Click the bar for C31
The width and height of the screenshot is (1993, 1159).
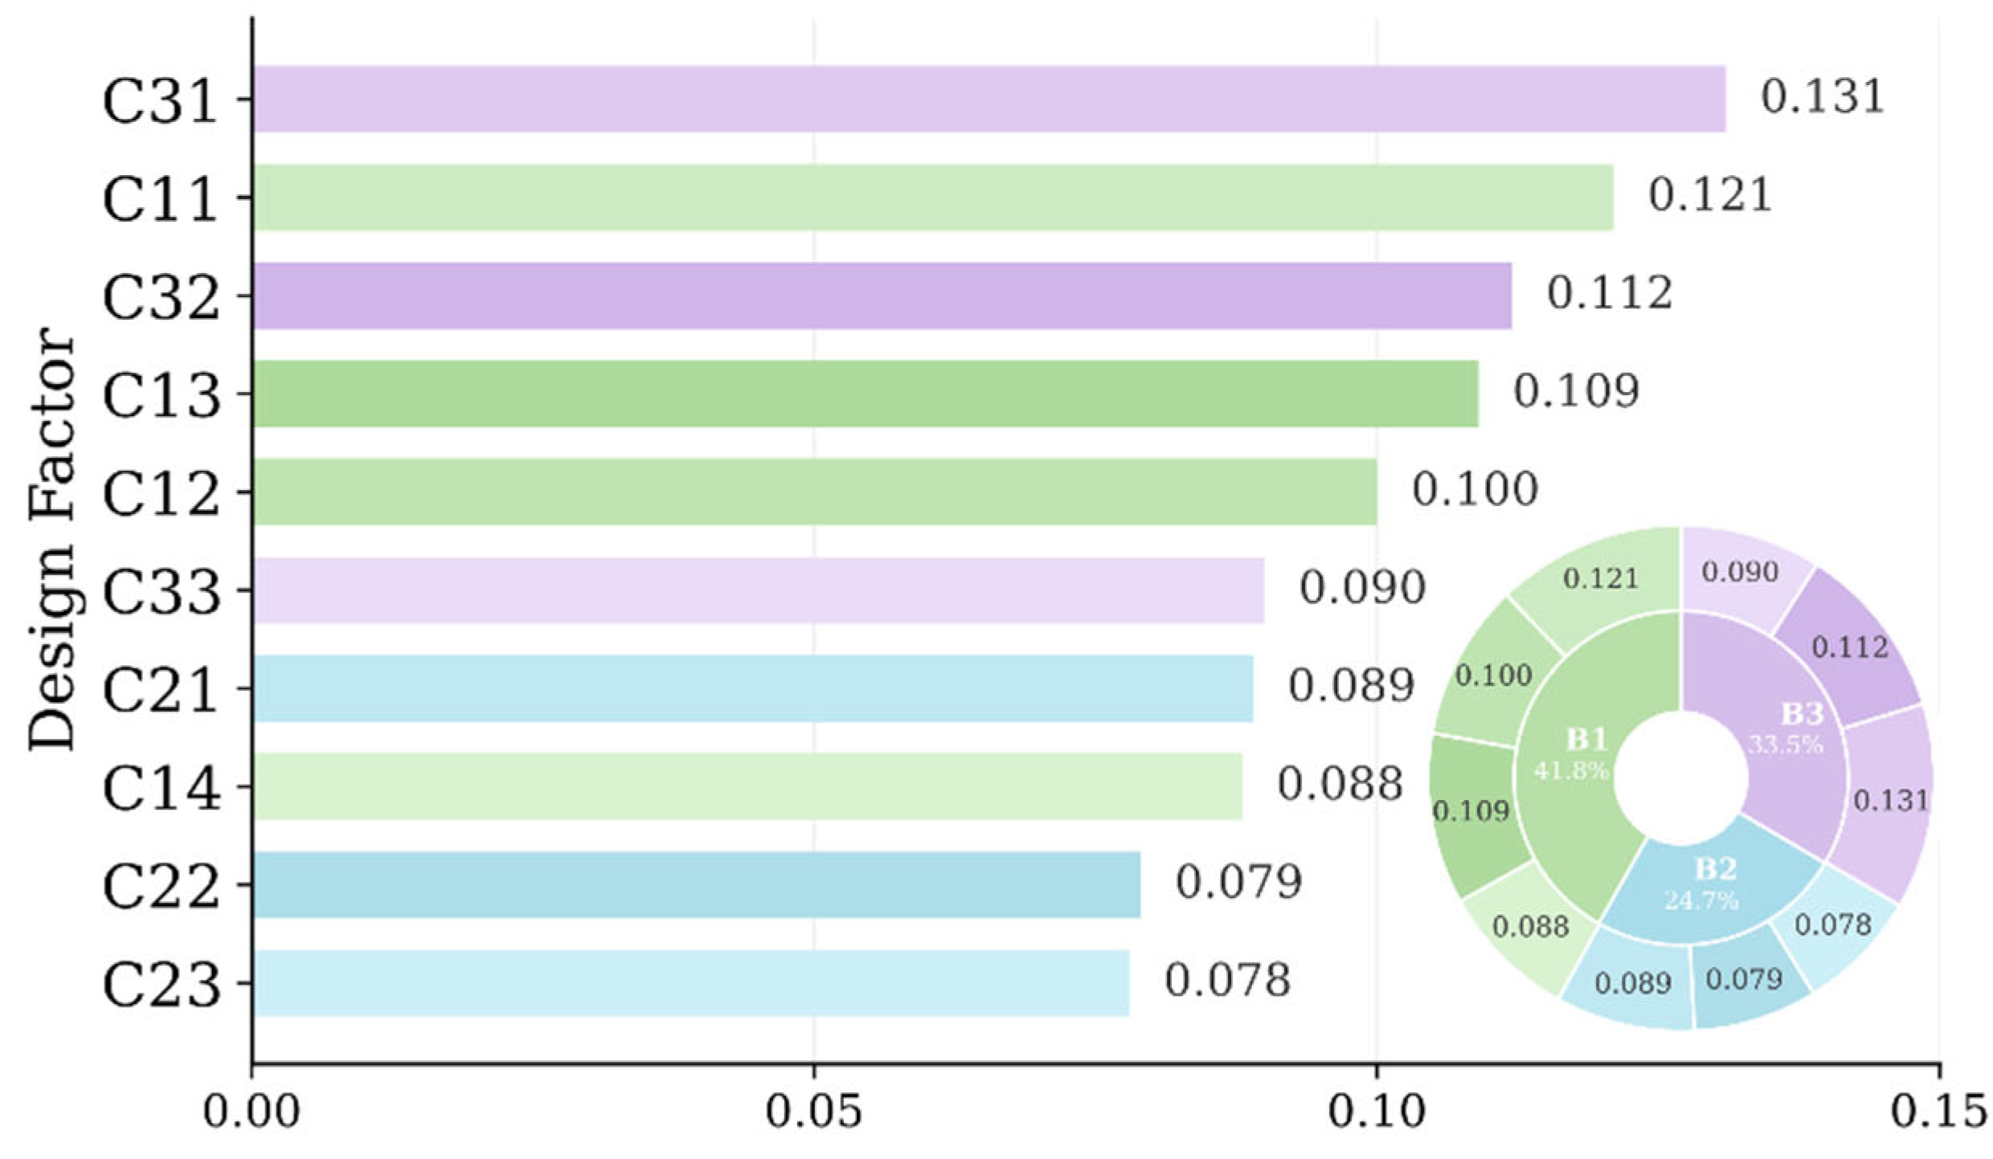989,99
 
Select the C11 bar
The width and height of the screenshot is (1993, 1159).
933,198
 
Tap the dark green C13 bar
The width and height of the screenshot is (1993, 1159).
866,394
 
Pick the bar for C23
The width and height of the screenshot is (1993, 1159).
691,983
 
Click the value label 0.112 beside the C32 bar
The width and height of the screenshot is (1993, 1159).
1610,293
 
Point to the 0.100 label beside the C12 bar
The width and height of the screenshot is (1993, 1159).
1475,489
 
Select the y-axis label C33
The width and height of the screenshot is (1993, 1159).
161,592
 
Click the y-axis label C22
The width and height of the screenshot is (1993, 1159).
161,886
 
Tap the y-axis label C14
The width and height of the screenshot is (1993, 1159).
161,788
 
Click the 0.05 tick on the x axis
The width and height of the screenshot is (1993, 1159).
813,1112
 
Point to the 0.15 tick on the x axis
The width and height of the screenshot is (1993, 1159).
1938,1112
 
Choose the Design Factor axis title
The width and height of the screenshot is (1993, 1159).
50,539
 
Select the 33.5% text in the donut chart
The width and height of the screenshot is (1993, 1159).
1786,745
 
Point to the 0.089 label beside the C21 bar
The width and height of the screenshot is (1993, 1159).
1351,686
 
